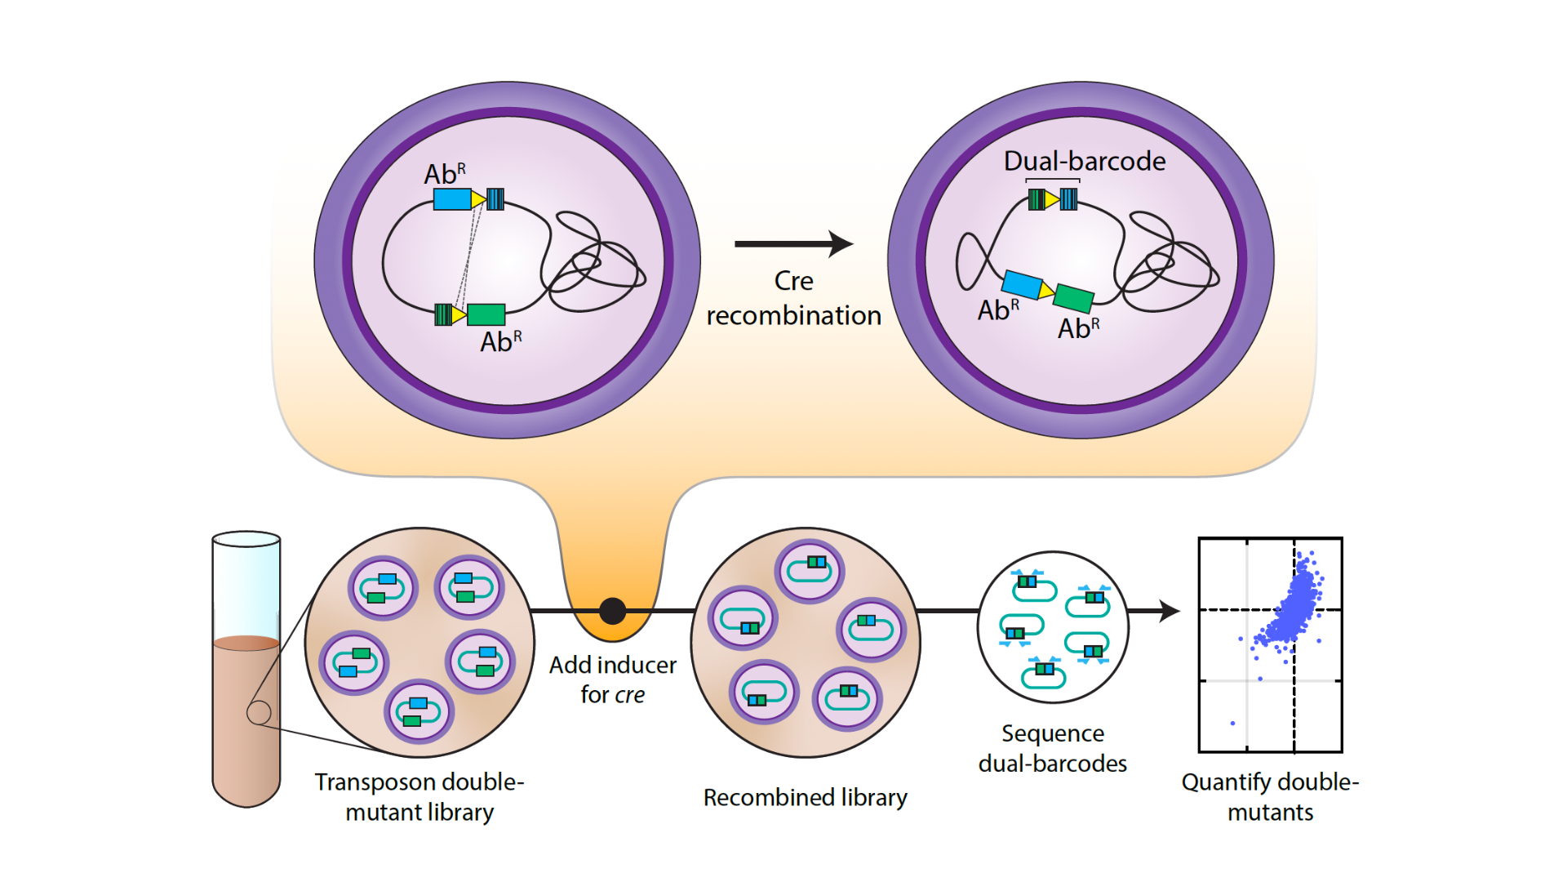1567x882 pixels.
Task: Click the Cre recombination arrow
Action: tap(793, 243)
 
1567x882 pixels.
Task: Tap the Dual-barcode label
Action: tap(1084, 161)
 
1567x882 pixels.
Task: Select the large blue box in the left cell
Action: tap(452, 198)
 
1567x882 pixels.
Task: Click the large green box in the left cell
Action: tap(486, 314)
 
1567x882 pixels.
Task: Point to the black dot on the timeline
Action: tap(612, 611)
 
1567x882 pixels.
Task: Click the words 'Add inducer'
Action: tap(612, 665)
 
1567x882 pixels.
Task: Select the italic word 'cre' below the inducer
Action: tap(629, 695)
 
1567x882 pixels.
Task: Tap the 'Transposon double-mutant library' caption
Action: tap(419, 796)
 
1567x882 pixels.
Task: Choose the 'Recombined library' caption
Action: tap(805, 797)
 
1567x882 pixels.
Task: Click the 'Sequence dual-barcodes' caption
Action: tap(1053, 748)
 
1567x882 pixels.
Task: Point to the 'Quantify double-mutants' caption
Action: tap(1270, 796)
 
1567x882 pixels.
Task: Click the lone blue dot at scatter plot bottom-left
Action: tap(1232, 724)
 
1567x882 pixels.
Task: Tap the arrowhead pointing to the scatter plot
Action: tap(1170, 611)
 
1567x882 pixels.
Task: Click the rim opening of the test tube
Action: tap(246, 539)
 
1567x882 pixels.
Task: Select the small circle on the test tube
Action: tap(259, 713)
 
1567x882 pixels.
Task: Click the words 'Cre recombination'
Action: tap(793, 298)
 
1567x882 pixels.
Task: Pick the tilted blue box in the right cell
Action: tap(1022, 284)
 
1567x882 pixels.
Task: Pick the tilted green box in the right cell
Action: tap(1073, 298)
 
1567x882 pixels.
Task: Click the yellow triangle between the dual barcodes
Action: tap(1052, 198)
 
